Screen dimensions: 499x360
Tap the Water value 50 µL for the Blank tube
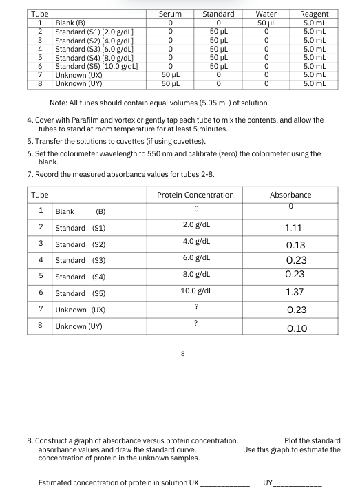point(265,23)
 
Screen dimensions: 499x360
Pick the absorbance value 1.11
point(294,228)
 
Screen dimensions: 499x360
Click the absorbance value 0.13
point(295,245)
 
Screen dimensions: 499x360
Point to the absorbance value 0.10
point(297,329)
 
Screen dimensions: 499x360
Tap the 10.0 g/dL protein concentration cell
point(196,290)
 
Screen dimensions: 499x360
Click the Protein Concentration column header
point(195,195)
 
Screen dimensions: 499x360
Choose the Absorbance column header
point(290,195)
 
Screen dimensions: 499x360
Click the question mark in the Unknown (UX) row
point(196,307)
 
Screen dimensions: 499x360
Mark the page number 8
point(182,355)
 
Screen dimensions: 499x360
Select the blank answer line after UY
point(299,482)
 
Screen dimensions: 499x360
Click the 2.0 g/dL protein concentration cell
point(196,224)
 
